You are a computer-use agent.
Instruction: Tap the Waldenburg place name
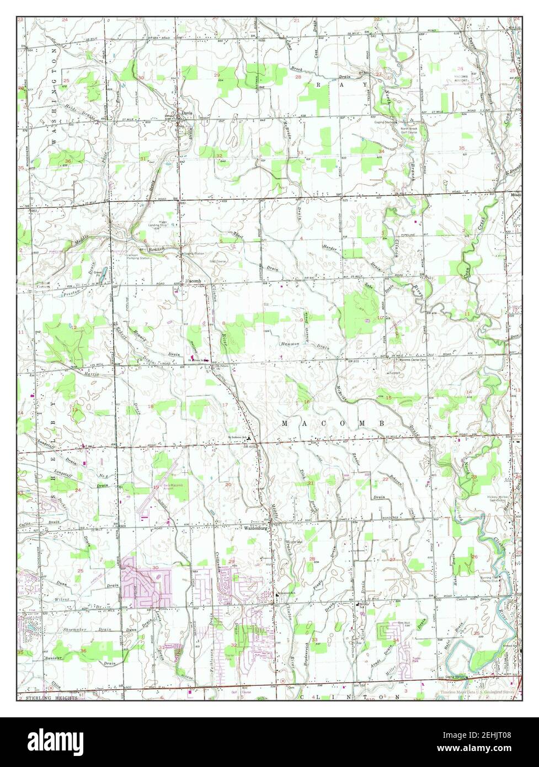coord(256,528)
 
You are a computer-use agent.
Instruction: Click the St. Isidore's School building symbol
coord(249,439)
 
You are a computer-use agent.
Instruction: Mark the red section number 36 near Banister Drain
coord(83,651)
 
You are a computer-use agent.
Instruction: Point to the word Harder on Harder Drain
coord(329,248)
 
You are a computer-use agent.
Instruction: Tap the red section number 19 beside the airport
coord(156,487)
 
